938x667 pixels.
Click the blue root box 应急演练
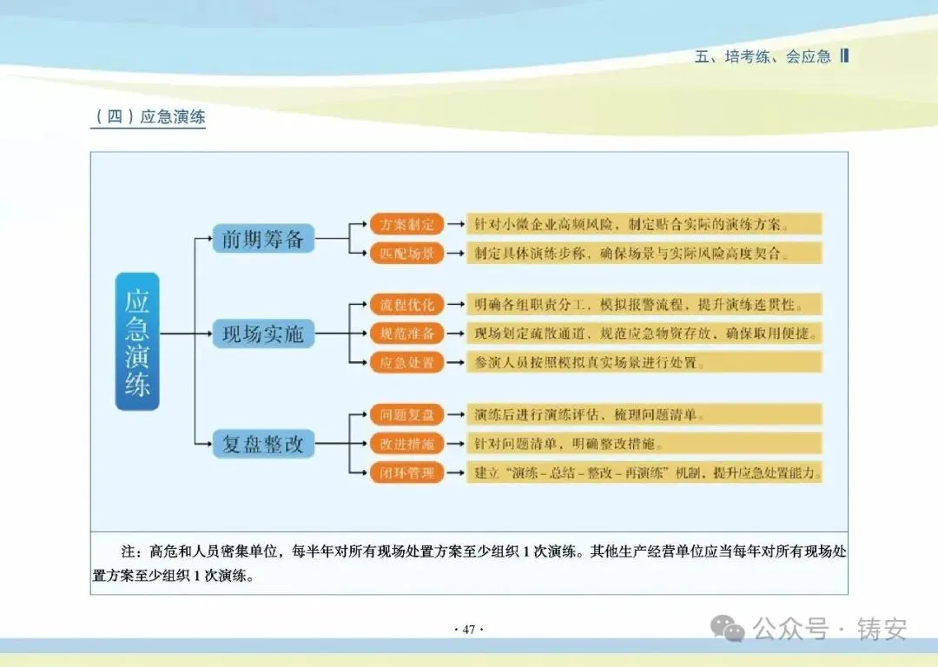point(137,340)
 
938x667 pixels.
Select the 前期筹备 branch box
point(263,239)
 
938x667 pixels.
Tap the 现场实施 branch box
point(263,333)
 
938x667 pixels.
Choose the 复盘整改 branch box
point(263,445)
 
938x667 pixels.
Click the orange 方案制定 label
point(407,224)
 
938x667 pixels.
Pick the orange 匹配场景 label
point(407,254)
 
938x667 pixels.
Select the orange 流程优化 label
point(407,305)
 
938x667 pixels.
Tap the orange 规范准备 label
point(407,333)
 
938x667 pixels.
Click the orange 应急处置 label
point(407,362)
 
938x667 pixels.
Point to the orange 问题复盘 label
point(407,415)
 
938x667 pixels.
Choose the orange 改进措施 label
point(407,444)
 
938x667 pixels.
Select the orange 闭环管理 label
point(407,473)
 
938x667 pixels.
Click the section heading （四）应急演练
point(149,116)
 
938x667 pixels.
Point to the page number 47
point(469,630)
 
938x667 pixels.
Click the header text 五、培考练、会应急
point(763,56)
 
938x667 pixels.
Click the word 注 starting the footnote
point(129,551)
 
